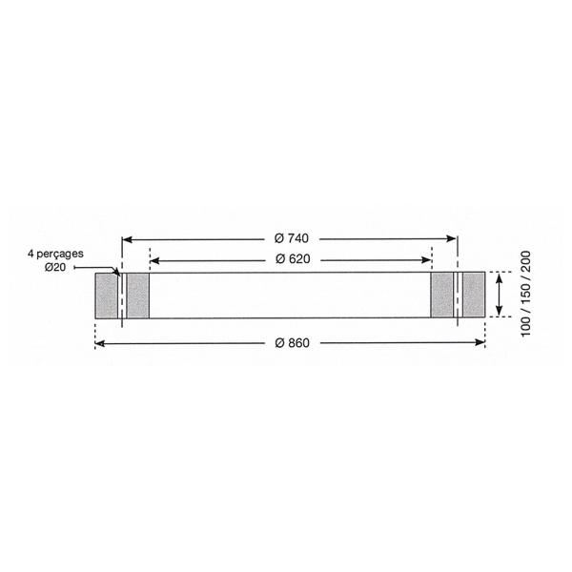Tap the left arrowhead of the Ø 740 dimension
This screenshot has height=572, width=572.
(127, 238)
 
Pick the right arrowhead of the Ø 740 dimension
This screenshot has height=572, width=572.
(451, 238)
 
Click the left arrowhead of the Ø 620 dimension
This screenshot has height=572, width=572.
(154, 259)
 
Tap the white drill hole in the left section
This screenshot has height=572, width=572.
(123, 296)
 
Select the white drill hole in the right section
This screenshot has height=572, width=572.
(458, 296)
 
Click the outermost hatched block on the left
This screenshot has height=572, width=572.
(107, 296)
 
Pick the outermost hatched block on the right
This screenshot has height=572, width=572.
(473, 296)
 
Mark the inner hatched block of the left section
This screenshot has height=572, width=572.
(138, 296)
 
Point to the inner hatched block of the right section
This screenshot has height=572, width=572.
(442, 296)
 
